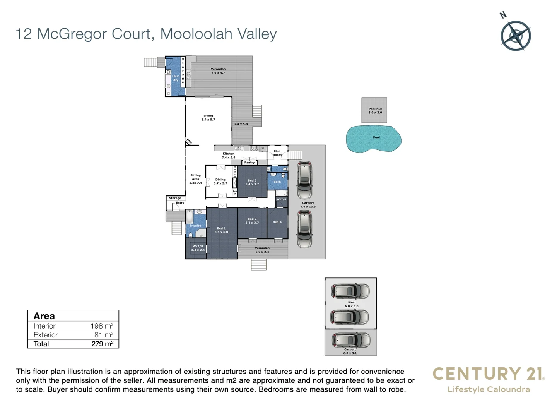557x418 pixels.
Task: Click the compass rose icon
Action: coord(516,36)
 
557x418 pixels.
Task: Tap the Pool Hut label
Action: coord(375,111)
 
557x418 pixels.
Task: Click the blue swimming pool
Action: coord(374,139)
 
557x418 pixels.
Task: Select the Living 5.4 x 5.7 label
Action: coord(208,118)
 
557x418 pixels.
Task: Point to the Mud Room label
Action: coord(277,153)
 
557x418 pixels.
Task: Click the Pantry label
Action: coord(249,163)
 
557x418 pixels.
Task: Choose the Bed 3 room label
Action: coord(252,182)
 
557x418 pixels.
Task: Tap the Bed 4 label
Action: coord(277,222)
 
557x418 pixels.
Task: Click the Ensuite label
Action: coord(195,226)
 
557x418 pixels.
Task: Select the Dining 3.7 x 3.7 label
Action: coord(220,182)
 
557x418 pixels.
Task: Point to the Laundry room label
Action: coord(176,78)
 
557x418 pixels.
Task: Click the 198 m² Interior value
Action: coord(102,326)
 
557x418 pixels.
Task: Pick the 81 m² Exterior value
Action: coord(104,335)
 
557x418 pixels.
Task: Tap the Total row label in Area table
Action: coord(41,344)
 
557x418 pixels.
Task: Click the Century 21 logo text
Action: coord(488,374)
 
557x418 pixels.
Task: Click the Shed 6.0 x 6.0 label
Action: coord(351,304)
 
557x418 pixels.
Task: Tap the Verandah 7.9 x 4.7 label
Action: coord(218,71)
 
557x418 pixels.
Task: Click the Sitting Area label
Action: coord(196,179)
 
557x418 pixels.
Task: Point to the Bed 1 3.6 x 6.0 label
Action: coord(221,230)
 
